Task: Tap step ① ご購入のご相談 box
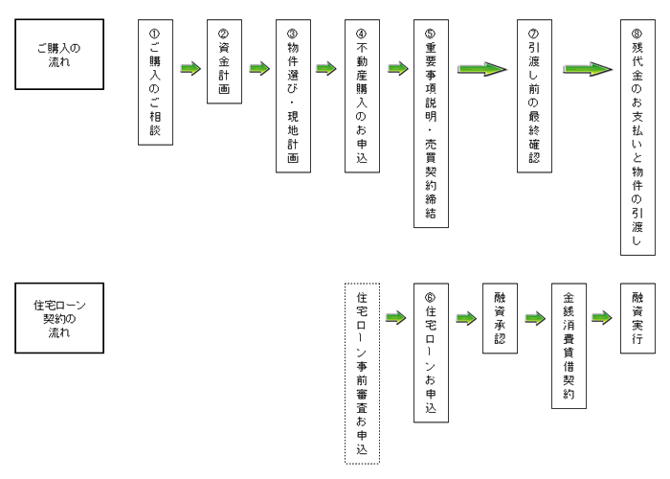155,80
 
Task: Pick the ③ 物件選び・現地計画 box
292,80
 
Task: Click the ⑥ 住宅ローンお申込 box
430,352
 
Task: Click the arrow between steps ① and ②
190,68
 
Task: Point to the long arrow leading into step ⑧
586,69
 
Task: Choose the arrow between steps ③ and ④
326,68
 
